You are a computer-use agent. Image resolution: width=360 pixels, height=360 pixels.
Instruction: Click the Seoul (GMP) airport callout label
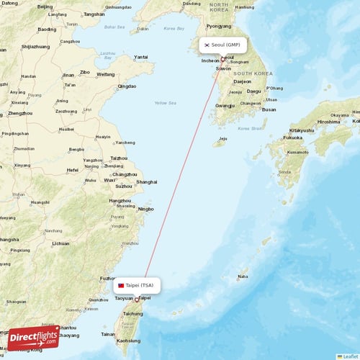coord(223,45)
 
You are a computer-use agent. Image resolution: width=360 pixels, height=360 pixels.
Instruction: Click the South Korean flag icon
coord(207,45)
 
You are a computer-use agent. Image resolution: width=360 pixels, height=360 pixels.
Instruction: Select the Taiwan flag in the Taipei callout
coord(121,285)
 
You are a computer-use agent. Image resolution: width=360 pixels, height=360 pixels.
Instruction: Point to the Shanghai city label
coord(147,182)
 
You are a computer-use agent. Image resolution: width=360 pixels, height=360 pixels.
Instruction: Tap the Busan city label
coord(269,109)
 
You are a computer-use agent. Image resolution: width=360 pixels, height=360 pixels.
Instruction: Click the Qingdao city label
coord(127,86)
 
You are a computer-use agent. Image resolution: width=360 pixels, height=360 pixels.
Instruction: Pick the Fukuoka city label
coord(293,138)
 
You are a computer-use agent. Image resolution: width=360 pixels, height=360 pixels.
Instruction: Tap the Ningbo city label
coord(145,209)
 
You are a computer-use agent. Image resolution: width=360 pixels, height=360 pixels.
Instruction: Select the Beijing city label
coord(45,6)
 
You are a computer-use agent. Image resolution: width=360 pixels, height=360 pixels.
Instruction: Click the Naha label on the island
coord(243,276)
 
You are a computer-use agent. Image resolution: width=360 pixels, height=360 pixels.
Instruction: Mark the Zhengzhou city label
coord(20,113)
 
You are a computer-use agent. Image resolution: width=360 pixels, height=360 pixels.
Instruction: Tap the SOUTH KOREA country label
coord(252,73)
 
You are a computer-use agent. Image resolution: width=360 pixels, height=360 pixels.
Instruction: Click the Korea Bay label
coord(174,29)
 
